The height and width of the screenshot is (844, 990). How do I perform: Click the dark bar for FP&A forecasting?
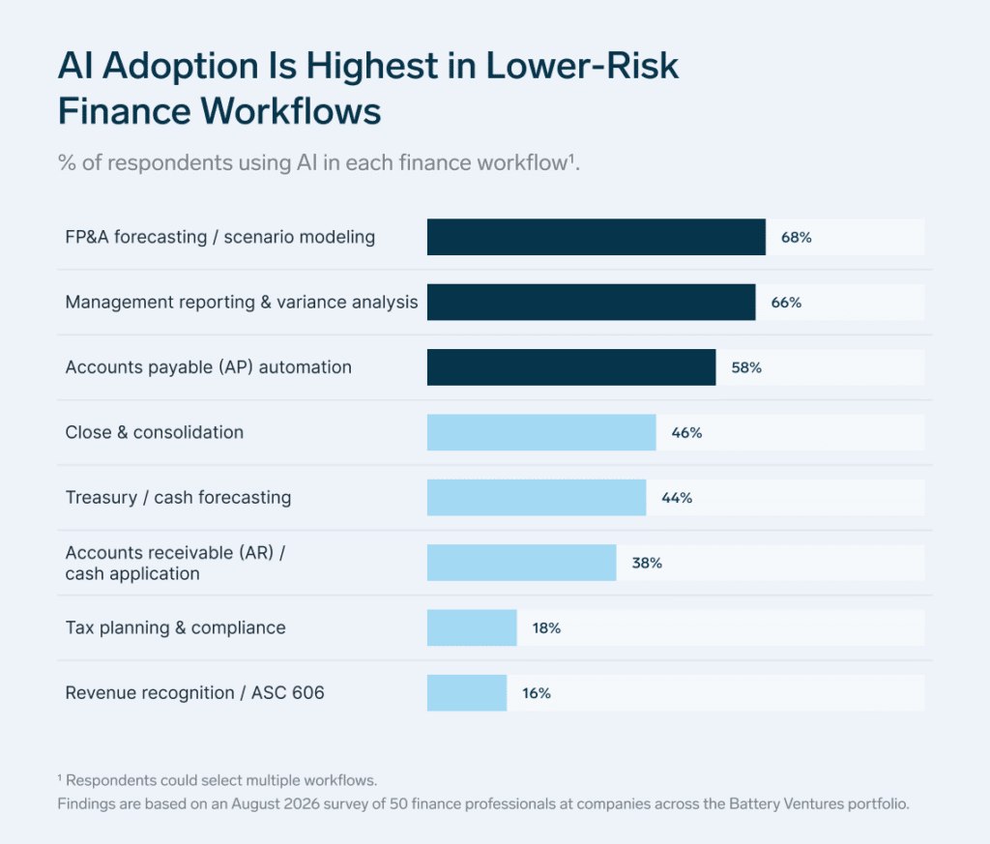[x=596, y=237]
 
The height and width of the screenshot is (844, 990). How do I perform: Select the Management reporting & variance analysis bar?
[x=591, y=302]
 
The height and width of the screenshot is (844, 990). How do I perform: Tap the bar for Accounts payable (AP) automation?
[x=571, y=366]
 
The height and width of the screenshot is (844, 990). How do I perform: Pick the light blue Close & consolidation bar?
[x=541, y=432]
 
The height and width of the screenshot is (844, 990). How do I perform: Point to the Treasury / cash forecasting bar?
[x=537, y=498]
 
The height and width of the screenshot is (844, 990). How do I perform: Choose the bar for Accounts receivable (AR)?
[x=521, y=563]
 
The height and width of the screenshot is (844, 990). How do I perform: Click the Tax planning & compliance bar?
[x=472, y=627]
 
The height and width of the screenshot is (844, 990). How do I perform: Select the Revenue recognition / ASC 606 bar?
[x=467, y=692]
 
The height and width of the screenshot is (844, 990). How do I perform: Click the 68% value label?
[x=797, y=238]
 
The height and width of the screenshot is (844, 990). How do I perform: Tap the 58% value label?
[x=746, y=367]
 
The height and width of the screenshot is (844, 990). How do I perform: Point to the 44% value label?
[x=677, y=498]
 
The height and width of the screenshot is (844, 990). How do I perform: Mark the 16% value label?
[x=536, y=693]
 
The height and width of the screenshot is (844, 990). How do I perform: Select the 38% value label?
[x=647, y=563]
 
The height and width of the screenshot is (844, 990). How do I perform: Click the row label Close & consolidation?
[x=155, y=432]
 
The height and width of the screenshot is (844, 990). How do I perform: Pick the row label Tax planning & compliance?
[x=176, y=628]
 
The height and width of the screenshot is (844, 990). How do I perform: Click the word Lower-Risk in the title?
[x=581, y=66]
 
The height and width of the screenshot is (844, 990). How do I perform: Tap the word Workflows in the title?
[x=291, y=111]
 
